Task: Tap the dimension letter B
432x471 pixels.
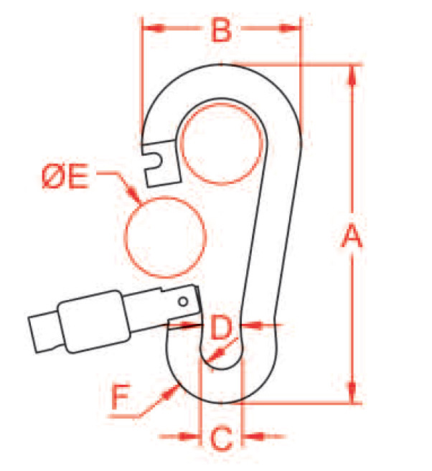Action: click(222, 29)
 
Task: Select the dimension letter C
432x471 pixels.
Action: click(222, 438)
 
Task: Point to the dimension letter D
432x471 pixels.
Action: click(221, 327)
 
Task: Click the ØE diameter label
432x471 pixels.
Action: click(65, 176)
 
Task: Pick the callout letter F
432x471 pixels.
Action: click(121, 396)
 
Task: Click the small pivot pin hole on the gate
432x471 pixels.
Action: click(183, 302)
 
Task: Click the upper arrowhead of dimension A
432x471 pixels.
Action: click(352, 76)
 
